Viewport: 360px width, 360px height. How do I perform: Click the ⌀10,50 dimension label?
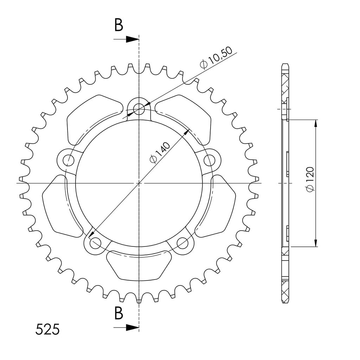[x=216, y=58]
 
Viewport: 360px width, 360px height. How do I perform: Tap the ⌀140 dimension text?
[x=160, y=152]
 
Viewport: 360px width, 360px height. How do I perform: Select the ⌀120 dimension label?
[x=310, y=179]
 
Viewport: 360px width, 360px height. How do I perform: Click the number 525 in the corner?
[x=47, y=329]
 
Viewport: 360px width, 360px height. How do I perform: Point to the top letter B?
[x=119, y=25]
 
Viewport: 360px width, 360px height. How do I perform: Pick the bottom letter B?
[x=119, y=313]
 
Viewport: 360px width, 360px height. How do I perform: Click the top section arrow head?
[x=132, y=39]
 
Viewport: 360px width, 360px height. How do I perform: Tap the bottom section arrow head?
[x=132, y=328]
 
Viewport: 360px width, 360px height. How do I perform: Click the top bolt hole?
[x=139, y=109]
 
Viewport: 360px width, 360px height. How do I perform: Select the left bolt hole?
[x=68, y=160]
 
